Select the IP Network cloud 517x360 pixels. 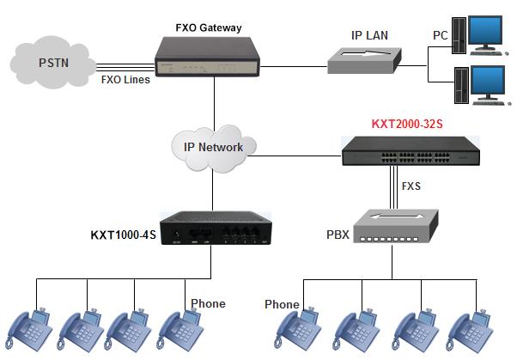click(213, 146)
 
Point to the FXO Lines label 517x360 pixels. click(126, 80)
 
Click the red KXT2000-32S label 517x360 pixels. click(408, 124)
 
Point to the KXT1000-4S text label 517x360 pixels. click(124, 235)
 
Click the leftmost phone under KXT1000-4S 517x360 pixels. click(31, 327)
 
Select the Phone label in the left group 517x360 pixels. click(208, 303)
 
